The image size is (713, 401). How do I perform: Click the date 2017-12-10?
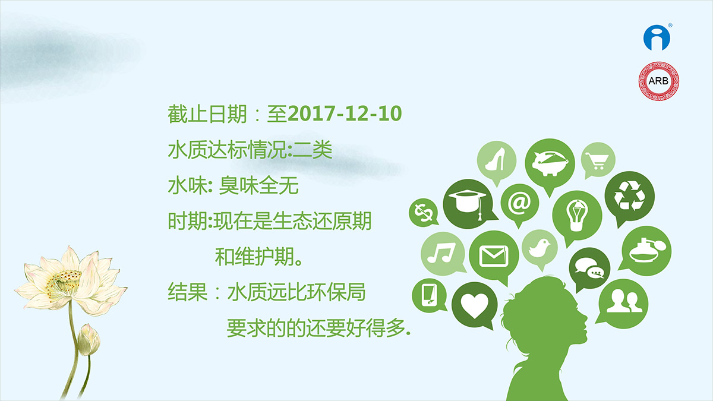click(x=345, y=113)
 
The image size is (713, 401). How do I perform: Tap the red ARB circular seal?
click(x=658, y=81)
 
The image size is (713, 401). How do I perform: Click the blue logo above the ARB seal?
click(x=657, y=37)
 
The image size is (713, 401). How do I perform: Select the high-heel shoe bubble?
click(x=497, y=161)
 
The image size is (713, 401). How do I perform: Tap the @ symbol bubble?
click(x=519, y=204)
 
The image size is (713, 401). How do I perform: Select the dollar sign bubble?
click(x=423, y=212)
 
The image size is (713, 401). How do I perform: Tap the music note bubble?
click(x=443, y=254)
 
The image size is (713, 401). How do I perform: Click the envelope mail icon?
click(x=494, y=256)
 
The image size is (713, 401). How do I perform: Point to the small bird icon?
click(x=540, y=248)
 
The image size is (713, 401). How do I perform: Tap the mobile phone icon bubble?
click(x=429, y=295)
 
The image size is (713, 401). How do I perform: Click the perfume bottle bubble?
click(x=646, y=251)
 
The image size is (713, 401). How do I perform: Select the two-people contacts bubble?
click(x=623, y=304)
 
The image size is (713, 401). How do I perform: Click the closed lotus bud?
click(x=89, y=339)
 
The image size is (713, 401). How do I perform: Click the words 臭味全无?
click(x=258, y=185)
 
